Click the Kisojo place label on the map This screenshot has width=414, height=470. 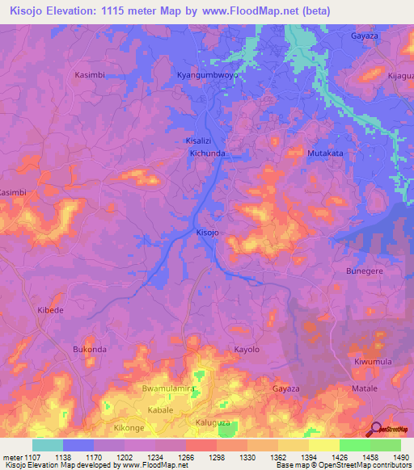(207, 233)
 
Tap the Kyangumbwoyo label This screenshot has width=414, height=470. (207, 74)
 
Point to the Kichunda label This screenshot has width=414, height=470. (207, 152)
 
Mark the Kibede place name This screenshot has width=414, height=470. (49, 309)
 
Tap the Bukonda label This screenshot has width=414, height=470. (90, 349)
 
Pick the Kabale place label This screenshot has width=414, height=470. (160, 410)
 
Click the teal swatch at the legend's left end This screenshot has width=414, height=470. (47, 445)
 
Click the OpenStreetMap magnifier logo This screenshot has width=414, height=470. (374, 430)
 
